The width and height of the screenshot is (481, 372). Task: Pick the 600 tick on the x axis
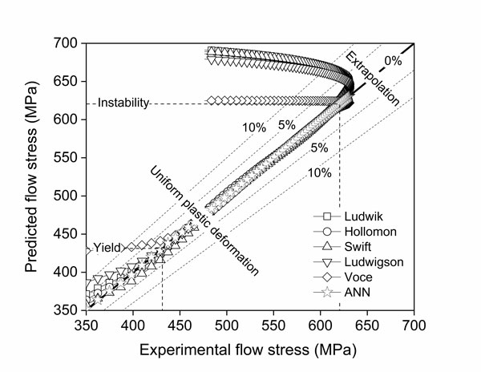pyautogui.click(x=320, y=324)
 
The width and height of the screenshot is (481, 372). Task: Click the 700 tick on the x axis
pyautogui.click(x=413, y=324)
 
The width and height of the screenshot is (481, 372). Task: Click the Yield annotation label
pyautogui.click(x=106, y=247)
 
